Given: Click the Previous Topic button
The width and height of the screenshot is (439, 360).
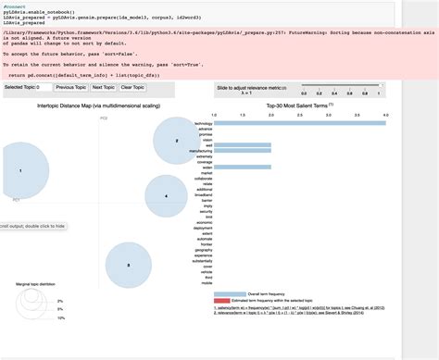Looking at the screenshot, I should point(71,86).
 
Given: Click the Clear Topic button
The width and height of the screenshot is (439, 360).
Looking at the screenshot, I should point(132,86).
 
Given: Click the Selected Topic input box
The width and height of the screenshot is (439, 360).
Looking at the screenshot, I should point(45,86).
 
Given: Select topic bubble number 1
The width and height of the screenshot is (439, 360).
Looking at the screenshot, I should point(20,171).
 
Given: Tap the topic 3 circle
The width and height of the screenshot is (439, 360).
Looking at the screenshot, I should point(129,265).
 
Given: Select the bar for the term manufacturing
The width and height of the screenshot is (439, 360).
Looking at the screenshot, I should point(243,149).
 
